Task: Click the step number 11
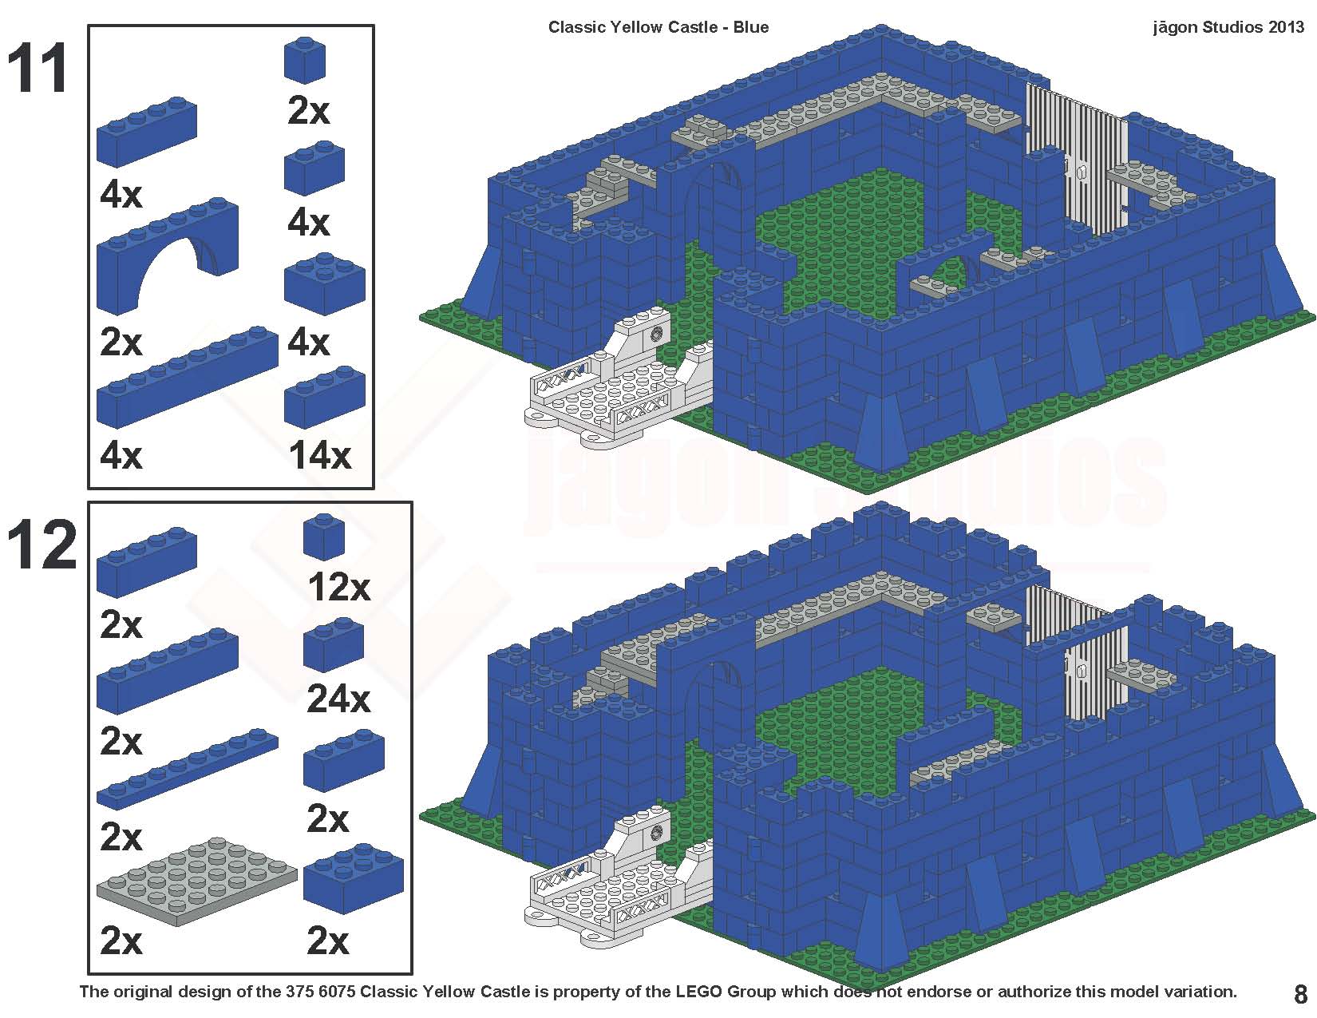coord(38,67)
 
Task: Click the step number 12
coord(42,545)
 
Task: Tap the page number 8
coord(1300,994)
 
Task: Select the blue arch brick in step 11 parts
coord(168,255)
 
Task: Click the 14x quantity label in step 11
coord(320,455)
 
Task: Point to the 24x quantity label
coord(338,699)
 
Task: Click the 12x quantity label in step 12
coord(338,587)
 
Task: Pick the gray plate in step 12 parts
coord(197,881)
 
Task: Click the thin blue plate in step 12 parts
coord(188,770)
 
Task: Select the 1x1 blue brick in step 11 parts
coord(305,59)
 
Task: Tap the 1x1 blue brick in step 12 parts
coord(323,537)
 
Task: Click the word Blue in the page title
coord(750,27)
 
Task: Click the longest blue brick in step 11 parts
coord(188,377)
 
